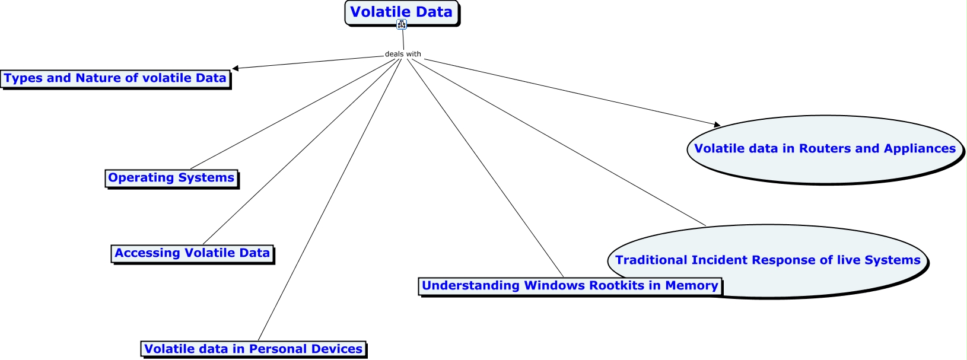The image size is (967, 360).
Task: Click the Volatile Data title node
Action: (x=402, y=13)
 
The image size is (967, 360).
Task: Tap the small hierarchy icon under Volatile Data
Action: (x=402, y=24)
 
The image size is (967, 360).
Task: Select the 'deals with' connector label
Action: (x=403, y=54)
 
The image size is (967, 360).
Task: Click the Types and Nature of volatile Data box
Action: (x=116, y=79)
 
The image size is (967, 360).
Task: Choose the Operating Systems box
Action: (x=172, y=179)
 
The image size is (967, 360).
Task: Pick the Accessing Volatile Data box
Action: (x=193, y=254)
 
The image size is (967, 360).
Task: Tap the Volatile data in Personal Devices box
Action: (x=254, y=349)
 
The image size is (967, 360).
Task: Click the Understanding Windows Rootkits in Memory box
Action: (x=570, y=286)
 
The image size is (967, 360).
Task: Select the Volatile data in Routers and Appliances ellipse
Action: (x=825, y=149)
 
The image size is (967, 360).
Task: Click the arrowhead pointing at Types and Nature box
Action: (x=236, y=68)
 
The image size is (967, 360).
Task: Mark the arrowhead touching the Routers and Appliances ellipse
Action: (x=717, y=125)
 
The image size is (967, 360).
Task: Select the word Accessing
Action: (x=148, y=253)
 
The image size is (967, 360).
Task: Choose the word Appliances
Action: (x=920, y=149)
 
